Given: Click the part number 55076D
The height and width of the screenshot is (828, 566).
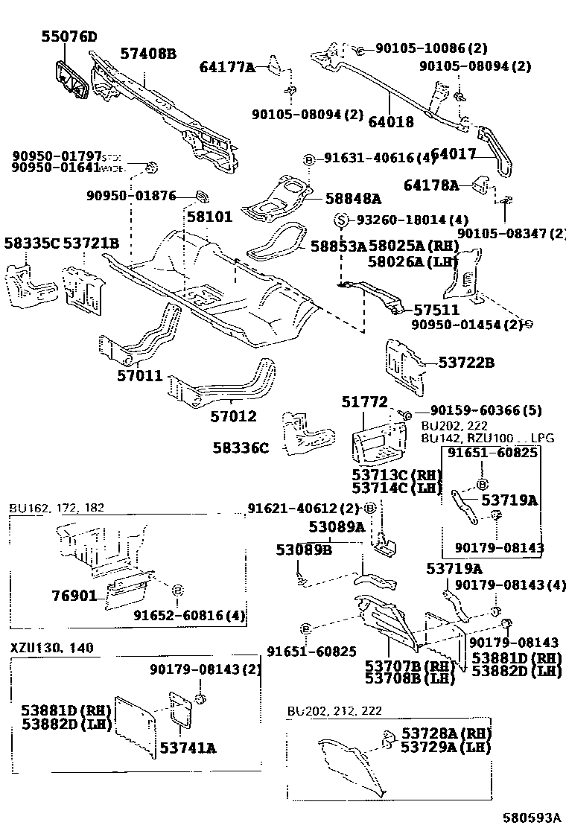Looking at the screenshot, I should pos(69,36).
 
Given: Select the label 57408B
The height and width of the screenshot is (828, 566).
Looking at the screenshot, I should pos(148,54).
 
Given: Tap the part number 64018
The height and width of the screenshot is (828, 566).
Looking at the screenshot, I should pos(391,122).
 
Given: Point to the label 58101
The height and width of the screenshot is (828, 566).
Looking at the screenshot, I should pos(209,217).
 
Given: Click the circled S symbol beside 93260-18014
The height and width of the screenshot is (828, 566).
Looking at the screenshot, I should pos(341,220).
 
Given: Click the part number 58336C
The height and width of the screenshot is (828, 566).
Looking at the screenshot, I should pos(240,448).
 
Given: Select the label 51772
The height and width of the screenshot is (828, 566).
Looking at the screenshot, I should pos(365,402).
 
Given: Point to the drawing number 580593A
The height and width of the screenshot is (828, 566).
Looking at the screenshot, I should pos(530,818).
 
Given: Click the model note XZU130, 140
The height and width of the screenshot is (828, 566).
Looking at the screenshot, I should pos(51,648).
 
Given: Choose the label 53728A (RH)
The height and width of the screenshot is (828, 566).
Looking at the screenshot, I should pos(443,734).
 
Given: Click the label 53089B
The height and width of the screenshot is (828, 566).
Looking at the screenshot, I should pos(303,550).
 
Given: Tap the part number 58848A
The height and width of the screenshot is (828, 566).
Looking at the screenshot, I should pos(353,198).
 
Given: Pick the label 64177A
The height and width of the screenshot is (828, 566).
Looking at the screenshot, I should pos(227,68).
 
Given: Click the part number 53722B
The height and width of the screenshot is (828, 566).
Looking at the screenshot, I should pos(466,363).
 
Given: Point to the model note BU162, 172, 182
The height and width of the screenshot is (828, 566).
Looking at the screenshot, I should pos(57,508).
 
